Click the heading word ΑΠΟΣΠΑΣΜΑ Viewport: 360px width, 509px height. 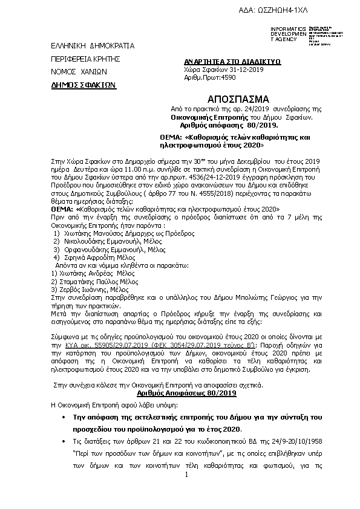230,99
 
